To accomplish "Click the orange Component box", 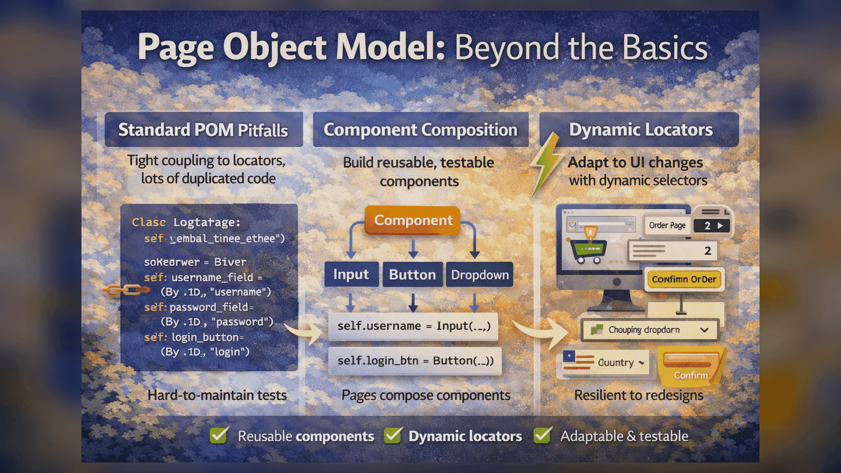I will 413,220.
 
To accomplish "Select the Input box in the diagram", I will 351,274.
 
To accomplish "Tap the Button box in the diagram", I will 412,274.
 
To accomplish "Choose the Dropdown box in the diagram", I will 479,274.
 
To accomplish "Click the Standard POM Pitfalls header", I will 203,130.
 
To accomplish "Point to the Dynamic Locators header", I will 640,130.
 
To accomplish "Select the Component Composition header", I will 420,130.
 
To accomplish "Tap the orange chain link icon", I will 125,290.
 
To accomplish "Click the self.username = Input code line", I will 414,326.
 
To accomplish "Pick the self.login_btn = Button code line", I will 415,361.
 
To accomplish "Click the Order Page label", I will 667,225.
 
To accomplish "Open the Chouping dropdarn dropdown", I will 650,330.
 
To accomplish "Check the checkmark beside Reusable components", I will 219,436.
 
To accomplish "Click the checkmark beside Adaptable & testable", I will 542,436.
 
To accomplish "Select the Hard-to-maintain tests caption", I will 217,395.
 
